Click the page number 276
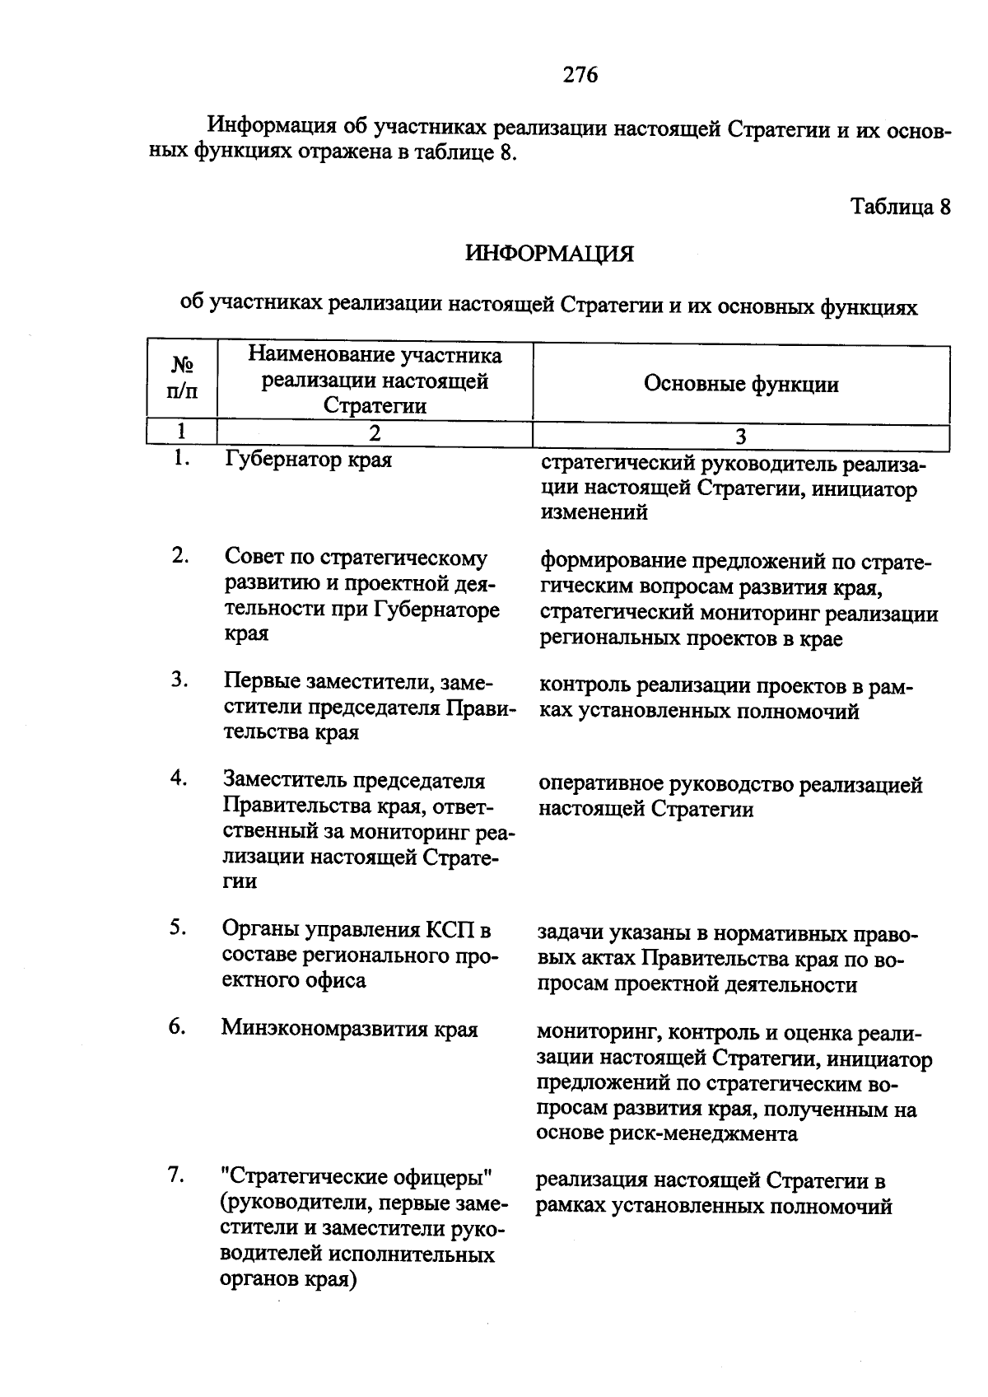point(580,75)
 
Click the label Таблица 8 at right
point(900,206)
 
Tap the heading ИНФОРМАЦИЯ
point(549,254)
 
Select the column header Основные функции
point(741,384)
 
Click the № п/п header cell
point(182,377)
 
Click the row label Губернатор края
point(308,460)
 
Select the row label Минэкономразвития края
point(349,1029)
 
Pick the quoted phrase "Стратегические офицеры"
point(357,1178)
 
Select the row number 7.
point(176,1175)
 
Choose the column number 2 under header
point(375,434)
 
